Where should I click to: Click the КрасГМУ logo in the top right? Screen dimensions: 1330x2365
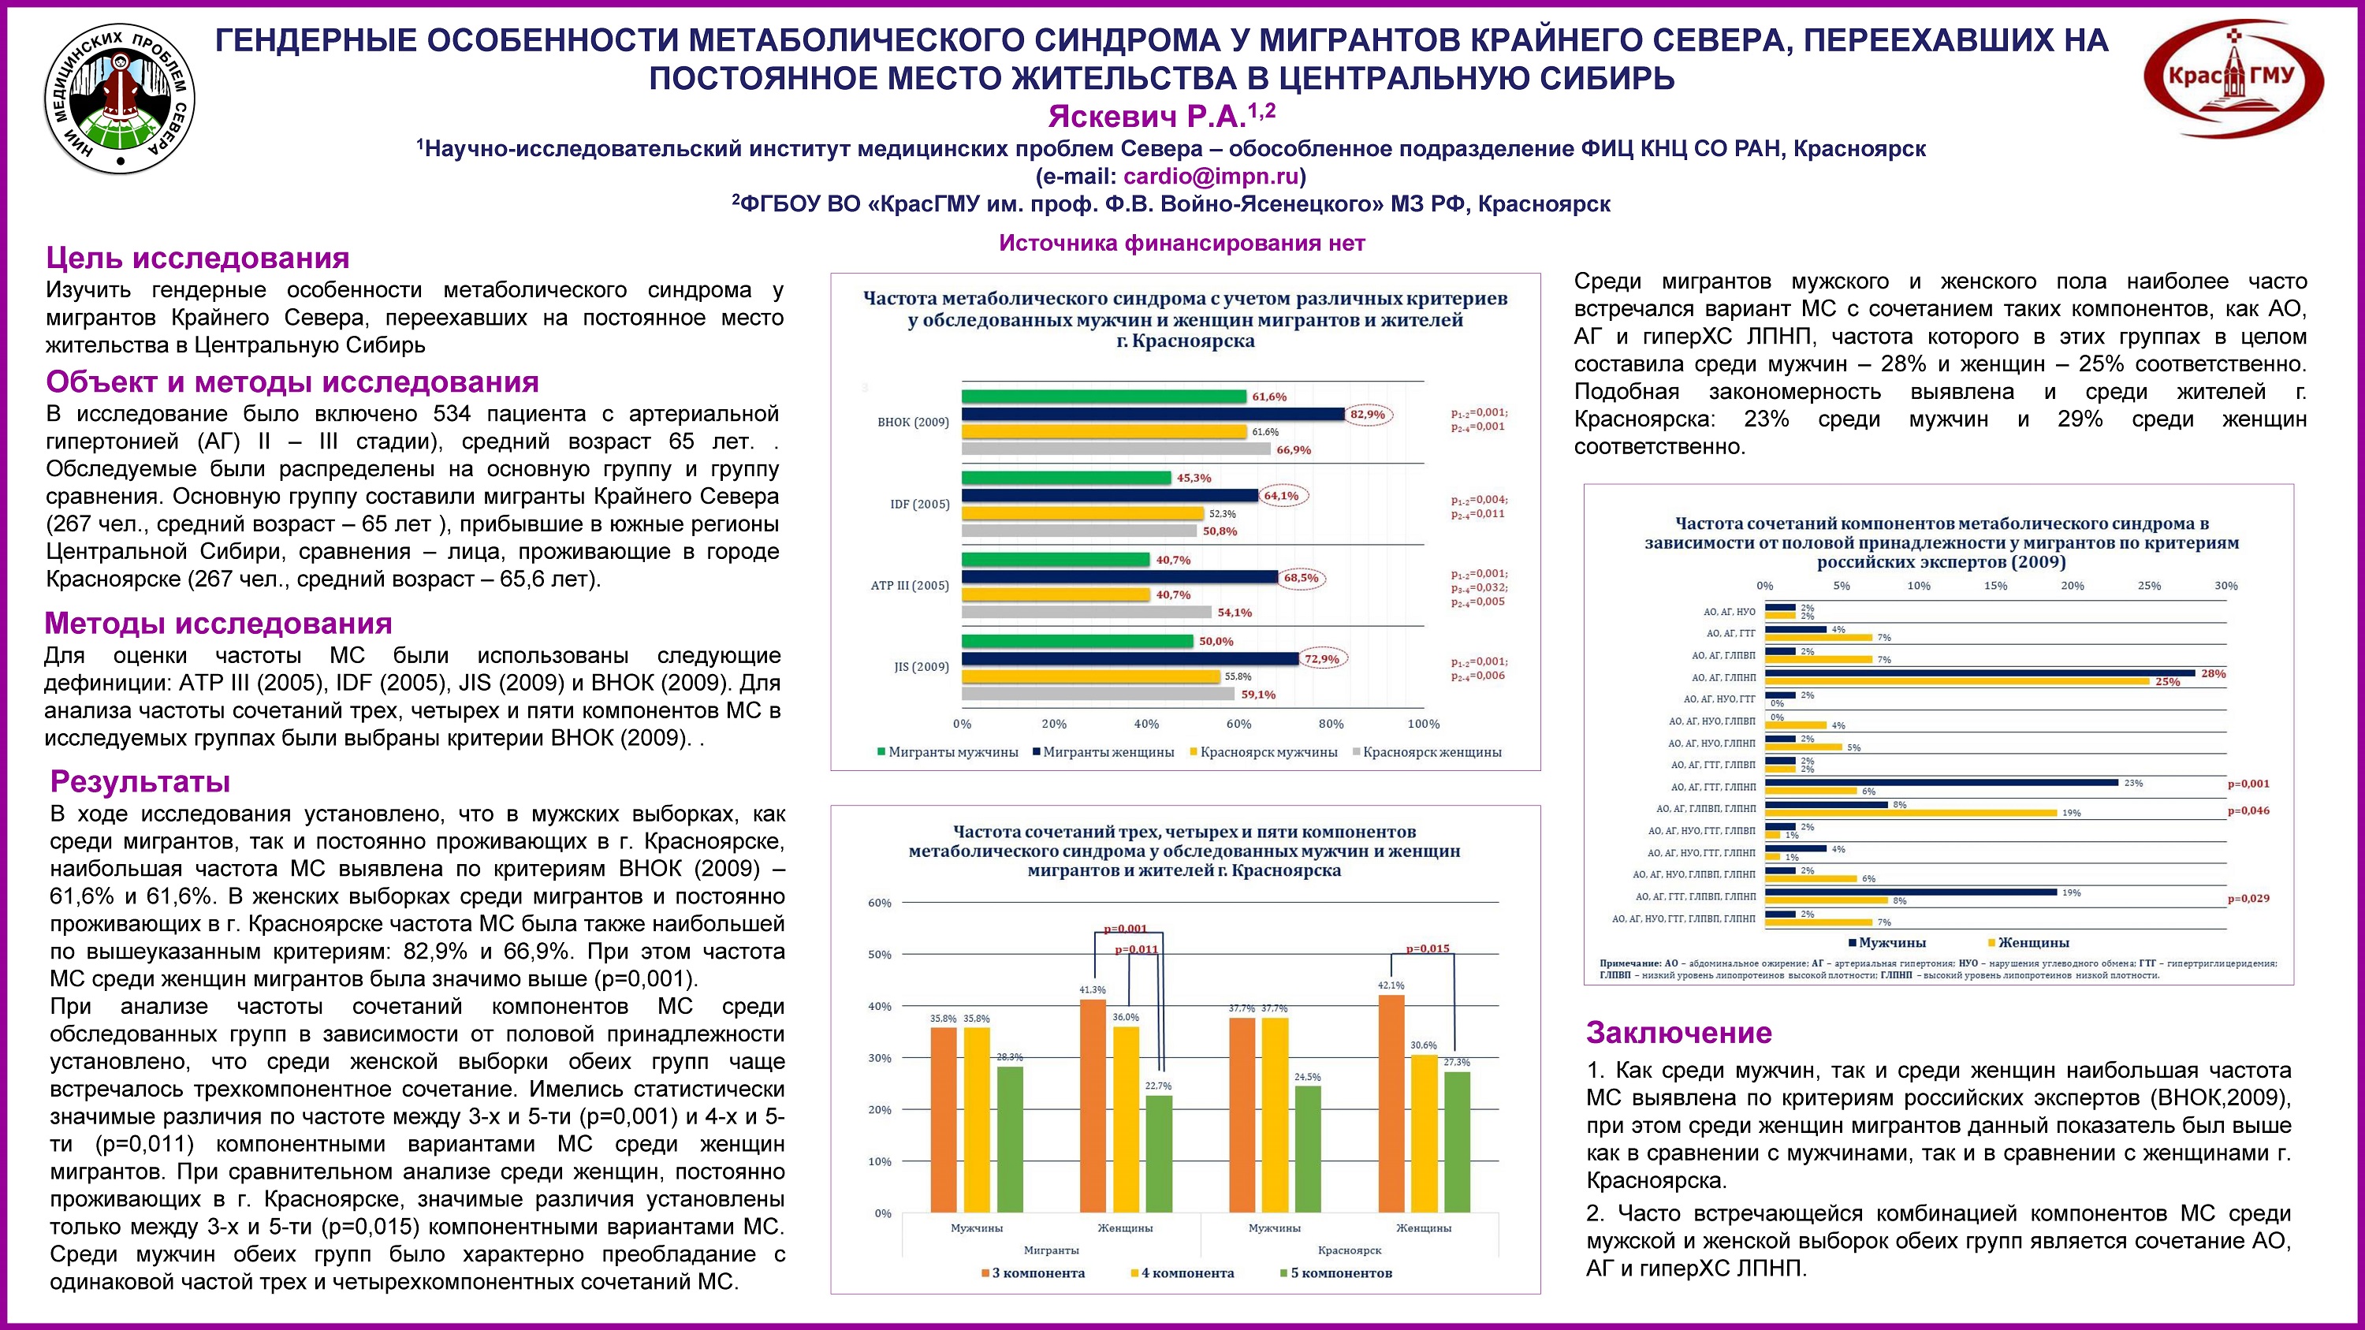pyautogui.click(x=2233, y=79)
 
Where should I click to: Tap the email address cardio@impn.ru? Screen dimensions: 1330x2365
pyautogui.click(x=1211, y=177)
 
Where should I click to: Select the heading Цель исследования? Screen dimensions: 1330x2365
pyautogui.click(x=197, y=258)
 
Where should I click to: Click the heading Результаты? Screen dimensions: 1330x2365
pyautogui.click(x=140, y=781)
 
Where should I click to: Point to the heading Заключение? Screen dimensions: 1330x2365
pyautogui.click(x=1678, y=1033)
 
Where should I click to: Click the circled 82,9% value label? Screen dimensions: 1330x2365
pyautogui.click(x=1367, y=415)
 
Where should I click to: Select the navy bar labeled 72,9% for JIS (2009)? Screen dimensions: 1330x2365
pyautogui.click(x=1129, y=659)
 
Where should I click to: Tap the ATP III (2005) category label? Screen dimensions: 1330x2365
pyautogui.click(x=909, y=586)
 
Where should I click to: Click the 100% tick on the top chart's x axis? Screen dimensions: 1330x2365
pyautogui.click(x=1423, y=725)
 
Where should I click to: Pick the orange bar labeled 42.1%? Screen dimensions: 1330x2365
pyautogui.click(x=1391, y=1103)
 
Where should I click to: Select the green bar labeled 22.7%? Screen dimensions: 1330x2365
pyautogui.click(x=1159, y=1153)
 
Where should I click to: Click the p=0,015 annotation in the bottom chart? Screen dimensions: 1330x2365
pyautogui.click(x=1428, y=949)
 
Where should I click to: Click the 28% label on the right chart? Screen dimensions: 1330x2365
pyautogui.click(x=2214, y=674)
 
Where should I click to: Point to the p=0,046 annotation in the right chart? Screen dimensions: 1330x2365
pyautogui.click(x=2248, y=810)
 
